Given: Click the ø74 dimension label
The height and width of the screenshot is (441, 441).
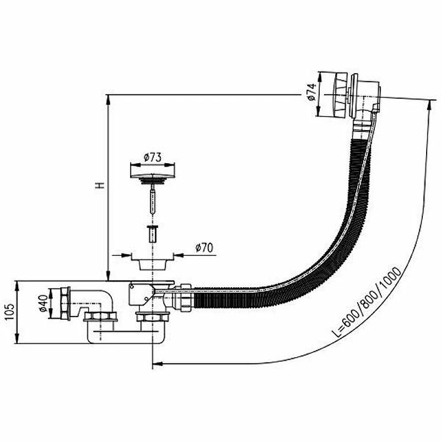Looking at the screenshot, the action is pyautogui.click(x=312, y=92).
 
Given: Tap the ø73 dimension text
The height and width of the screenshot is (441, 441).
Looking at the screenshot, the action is pyautogui.click(x=153, y=157).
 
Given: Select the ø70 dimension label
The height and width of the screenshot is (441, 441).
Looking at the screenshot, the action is pyautogui.click(x=204, y=248).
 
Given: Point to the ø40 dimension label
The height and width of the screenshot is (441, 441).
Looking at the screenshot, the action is pyautogui.click(x=43, y=303).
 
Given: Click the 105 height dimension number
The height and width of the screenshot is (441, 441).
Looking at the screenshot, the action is pyautogui.click(x=9, y=311).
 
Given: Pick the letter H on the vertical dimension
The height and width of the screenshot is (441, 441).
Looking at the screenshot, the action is pyautogui.click(x=100, y=185).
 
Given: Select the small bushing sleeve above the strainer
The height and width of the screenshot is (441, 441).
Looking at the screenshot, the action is pyautogui.click(x=152, y=233).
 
